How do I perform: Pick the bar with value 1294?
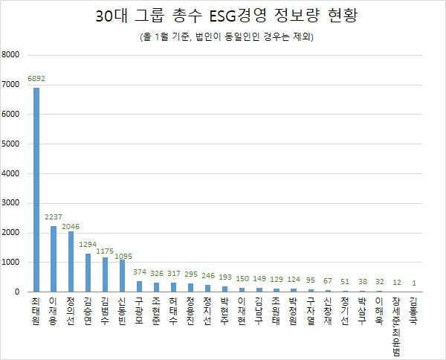tap(88, 272)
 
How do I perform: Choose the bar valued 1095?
tap(123, 275)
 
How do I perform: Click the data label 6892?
tap(36, 78)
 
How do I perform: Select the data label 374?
tap(140, 272)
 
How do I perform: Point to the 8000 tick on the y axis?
tap(12, 55)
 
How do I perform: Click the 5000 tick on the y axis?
tap(12, 144)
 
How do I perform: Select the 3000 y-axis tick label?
tap(12, 203)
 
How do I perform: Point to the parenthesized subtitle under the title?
tap(223, 37)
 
